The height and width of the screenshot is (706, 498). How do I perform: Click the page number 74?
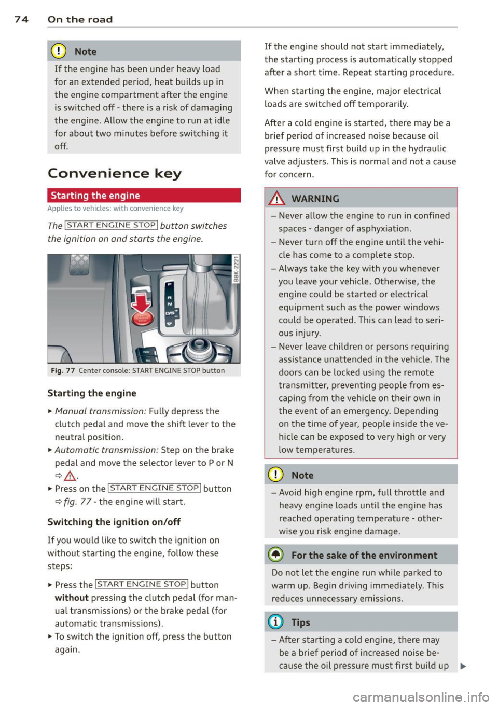[21, 19]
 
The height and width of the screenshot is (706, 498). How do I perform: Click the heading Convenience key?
[114, 173]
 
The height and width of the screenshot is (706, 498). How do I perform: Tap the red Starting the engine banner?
[144, 196]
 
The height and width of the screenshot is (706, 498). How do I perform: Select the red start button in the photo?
[142, 318]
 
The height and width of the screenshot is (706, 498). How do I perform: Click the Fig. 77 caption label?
[63, 371]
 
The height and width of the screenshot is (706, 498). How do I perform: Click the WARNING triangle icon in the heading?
[278, 199]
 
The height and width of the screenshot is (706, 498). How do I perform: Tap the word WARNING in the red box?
[315, 199]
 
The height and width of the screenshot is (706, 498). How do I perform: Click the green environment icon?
[276, 555]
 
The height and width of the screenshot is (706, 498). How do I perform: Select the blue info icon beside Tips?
[276, 622]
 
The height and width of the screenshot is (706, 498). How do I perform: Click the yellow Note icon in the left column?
[60, 51]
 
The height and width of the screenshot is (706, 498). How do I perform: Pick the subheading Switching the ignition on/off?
[114, 522]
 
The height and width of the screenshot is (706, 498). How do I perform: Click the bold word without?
[72, 598]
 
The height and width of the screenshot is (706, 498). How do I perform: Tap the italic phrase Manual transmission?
[101, 411]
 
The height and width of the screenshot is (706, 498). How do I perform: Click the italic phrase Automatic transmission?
[106, 450]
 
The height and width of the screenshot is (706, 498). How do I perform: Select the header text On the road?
[80, 19]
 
